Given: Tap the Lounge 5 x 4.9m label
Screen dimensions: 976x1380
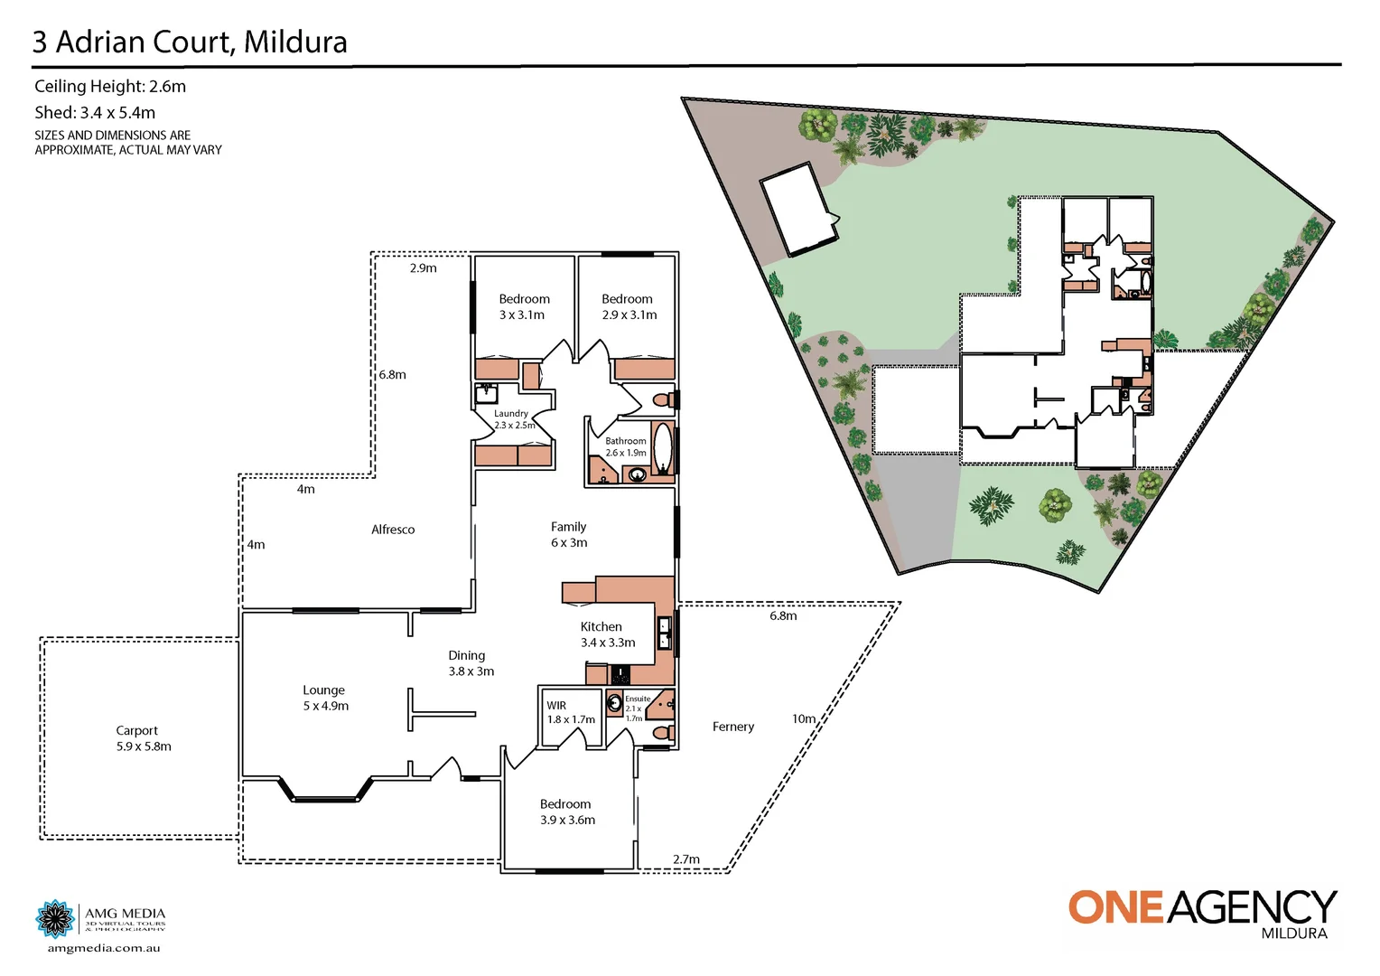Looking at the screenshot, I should click(325, 698).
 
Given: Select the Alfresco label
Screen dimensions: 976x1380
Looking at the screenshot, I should click(393, 530).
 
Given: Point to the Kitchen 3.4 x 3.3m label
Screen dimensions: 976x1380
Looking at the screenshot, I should click(607, 634).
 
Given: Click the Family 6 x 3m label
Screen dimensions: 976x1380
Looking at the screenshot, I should click(569, 534).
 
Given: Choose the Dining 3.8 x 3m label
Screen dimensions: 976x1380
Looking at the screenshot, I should click(471, 663).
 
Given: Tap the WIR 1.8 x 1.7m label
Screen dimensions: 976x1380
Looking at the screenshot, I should click(570, 712).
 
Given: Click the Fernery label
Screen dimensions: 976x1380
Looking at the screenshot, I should click(732, 727).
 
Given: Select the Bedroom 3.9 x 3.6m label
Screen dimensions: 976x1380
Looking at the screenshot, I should click(567, 812).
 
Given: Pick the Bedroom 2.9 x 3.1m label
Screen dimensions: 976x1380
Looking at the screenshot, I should click(629, 306).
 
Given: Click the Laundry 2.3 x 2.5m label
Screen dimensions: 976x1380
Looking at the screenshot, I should click(513, 419).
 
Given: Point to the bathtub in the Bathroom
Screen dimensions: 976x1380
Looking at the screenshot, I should click(663, 449).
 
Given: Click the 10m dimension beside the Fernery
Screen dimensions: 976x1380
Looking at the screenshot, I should click(804, 719).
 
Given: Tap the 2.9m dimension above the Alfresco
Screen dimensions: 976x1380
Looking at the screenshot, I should click(423, 268).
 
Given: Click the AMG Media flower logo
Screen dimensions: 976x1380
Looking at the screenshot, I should click(55, 919).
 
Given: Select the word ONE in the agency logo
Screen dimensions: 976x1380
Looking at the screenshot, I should click(1116, 907).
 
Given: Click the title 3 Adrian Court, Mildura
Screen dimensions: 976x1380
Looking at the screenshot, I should click(190, 42).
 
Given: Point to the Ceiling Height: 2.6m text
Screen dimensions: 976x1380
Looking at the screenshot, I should click(110, 87).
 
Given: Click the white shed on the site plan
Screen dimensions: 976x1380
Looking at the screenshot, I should click(798, 210).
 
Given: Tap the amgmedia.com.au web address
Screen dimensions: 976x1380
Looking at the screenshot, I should click(104, 948).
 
